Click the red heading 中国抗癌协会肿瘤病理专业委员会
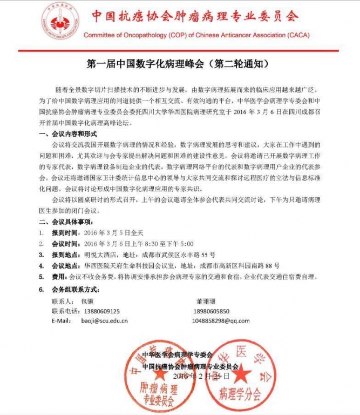(194, 16)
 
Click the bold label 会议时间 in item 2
(65, 244)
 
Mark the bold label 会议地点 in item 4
(65, 265)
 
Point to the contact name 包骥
(87, 301)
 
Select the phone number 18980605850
(211, 311)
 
